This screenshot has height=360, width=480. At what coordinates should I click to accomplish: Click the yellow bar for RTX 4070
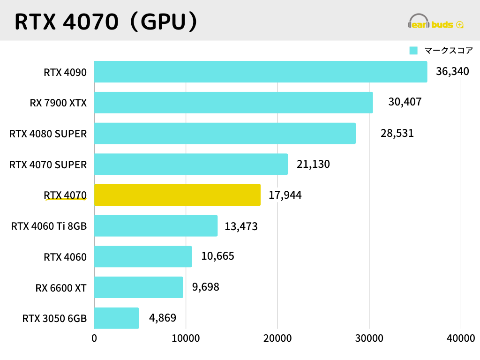coord(177,195)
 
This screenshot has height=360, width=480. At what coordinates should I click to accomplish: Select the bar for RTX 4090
coord(261,72)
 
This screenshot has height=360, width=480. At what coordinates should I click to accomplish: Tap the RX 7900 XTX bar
coord(233,103)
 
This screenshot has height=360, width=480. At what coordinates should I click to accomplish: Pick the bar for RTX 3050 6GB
coord(117,318)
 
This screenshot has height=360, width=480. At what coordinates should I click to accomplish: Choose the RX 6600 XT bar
coord(139,287)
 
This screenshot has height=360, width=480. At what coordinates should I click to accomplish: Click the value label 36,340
coord(452,72)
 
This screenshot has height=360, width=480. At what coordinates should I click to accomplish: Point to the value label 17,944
coord(285,195)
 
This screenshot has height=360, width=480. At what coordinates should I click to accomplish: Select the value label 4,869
coord(163,318)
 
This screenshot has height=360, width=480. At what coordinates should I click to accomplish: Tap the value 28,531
coord(397,133)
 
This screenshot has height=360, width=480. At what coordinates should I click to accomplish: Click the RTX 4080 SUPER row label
coord(48,134)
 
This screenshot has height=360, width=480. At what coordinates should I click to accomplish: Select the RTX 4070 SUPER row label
coord(48,165)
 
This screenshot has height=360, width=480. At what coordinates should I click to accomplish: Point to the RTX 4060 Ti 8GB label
coord(49,227)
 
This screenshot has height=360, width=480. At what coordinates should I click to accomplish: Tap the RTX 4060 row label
coord(65,257)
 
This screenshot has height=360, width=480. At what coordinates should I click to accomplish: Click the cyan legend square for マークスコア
coord(413,51)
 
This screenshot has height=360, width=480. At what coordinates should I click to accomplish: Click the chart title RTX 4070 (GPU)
coord(105,21)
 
